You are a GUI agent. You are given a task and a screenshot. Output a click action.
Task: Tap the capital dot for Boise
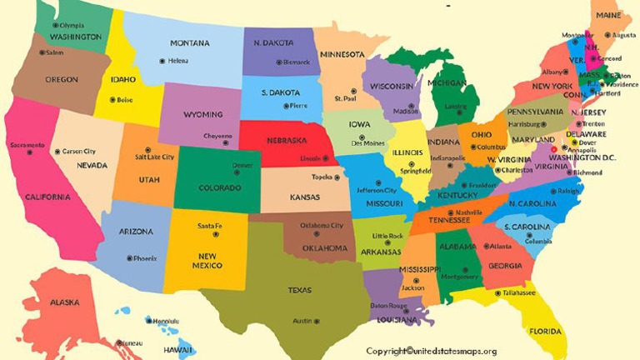click(x=113, y=100)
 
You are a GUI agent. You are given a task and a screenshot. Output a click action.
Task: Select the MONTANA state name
click(x=190, y=43)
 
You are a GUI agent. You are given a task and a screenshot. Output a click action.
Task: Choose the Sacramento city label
click(x=28, y=145)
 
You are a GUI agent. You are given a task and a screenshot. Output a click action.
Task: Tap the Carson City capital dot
click(x=56, y=152)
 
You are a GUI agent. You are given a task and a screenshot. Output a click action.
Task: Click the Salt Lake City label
click(x=154, y=157)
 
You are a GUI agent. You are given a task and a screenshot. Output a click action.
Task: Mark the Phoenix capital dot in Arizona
click(x=129, y=258)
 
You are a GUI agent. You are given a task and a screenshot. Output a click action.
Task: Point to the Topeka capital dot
click(x=339, y=177)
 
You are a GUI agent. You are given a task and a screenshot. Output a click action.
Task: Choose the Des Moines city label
click(x=367, y=143)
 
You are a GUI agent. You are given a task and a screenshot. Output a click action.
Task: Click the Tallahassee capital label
click(x=518, y=293)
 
